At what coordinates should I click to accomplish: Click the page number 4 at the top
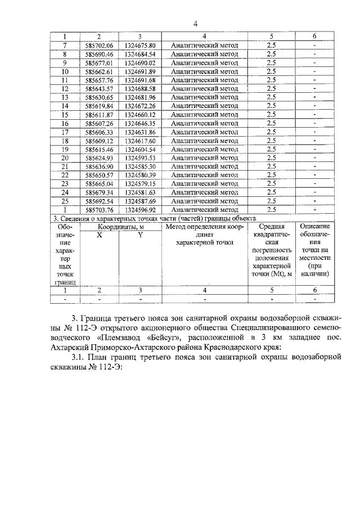pos(195,24)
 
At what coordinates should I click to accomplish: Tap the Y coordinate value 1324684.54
pos(140,54)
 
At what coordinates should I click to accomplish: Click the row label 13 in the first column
pos(65,97)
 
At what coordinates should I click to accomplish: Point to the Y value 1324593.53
pos(140,157)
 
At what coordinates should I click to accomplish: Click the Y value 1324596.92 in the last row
pos(140,209)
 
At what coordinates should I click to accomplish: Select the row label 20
pos(65,157)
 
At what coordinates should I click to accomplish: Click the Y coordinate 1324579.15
pos(140,183)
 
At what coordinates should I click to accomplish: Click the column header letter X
pos(99,235)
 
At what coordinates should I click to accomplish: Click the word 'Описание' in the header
pos(315,227)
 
